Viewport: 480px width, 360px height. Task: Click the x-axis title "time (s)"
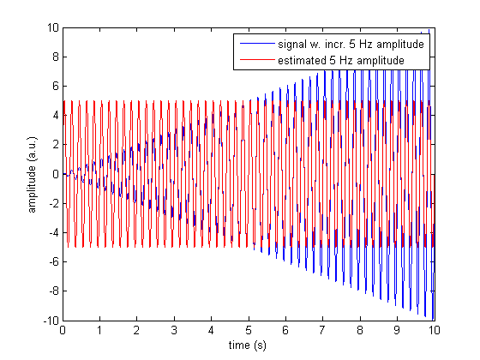(x=248, y=345)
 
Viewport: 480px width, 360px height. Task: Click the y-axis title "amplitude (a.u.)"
(x=32, y=175)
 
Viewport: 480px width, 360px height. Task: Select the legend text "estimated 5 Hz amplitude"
(x=341, y=60)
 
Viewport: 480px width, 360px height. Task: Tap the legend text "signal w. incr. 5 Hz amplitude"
(x=351, y=44)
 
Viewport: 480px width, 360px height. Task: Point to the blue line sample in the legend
(x=257, y=44)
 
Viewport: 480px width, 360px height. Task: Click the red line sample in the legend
(x=257, y=59)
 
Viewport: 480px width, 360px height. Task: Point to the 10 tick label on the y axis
(x=52, y=27)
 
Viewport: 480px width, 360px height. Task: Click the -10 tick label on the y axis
(x=51, y=321)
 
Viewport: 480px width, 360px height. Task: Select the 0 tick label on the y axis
(x=56, y=174)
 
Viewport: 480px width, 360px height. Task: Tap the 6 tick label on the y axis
(x=56, y=87)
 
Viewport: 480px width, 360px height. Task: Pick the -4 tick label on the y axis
(x=53, y=232)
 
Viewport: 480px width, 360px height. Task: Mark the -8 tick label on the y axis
(x=53, y=291)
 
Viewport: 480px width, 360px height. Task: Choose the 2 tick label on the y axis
(x=56, y=145)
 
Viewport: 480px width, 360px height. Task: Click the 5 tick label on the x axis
(x=249, y=330)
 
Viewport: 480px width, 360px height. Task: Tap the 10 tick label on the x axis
(x=434, y=330)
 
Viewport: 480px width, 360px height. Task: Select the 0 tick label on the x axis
(x=63, y=330)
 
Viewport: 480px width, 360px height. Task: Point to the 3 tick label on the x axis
(x=174, y=330)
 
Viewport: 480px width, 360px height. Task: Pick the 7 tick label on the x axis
(x=322, y=330)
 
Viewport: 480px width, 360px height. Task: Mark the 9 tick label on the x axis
(x=397, y=330)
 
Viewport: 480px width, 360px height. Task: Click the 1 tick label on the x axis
(x=99, y=330)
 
